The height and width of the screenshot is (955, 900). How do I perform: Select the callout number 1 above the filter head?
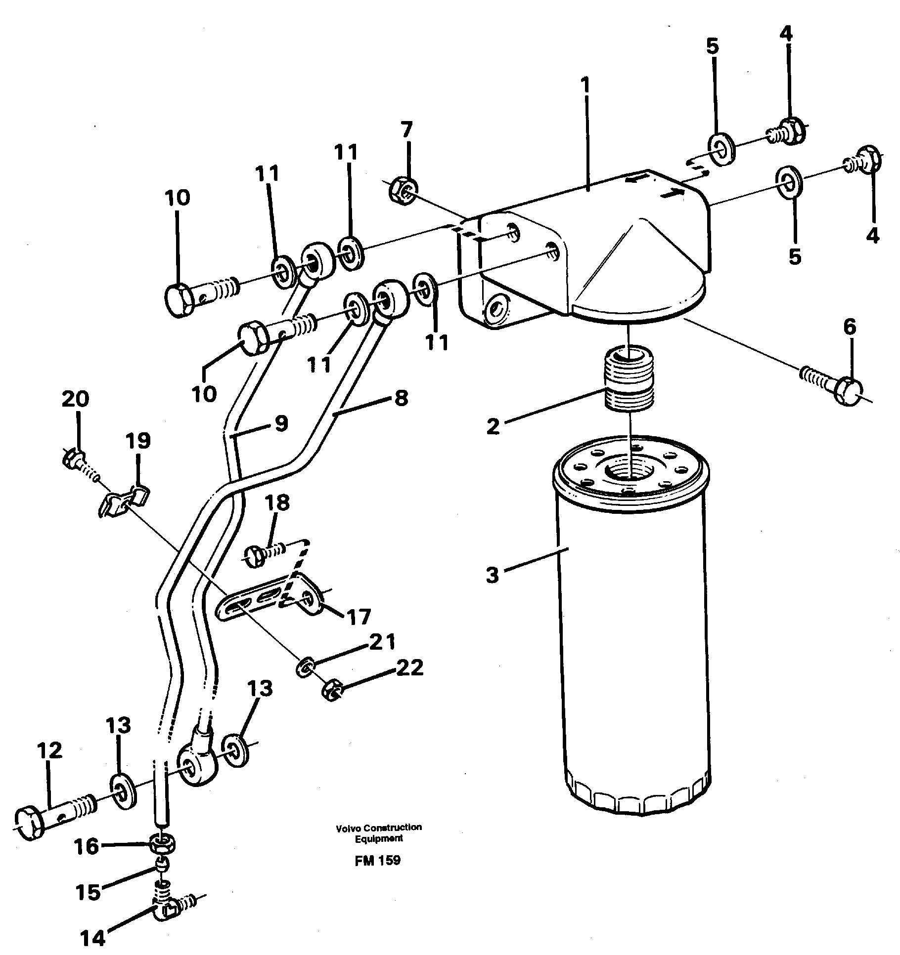(x=585, y=87)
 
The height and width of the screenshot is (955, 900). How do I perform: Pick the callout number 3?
(x=492, y=575)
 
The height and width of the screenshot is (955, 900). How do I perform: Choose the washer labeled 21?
(x=305, y=669)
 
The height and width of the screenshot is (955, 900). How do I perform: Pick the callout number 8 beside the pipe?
(x=401, y=397)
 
